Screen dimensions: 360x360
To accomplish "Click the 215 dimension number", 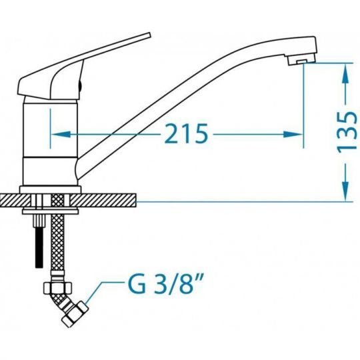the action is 186,133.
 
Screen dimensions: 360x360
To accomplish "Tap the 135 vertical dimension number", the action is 347,132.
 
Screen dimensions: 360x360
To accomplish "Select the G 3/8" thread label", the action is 165,284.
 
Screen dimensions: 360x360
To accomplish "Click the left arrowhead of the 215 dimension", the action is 60,134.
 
